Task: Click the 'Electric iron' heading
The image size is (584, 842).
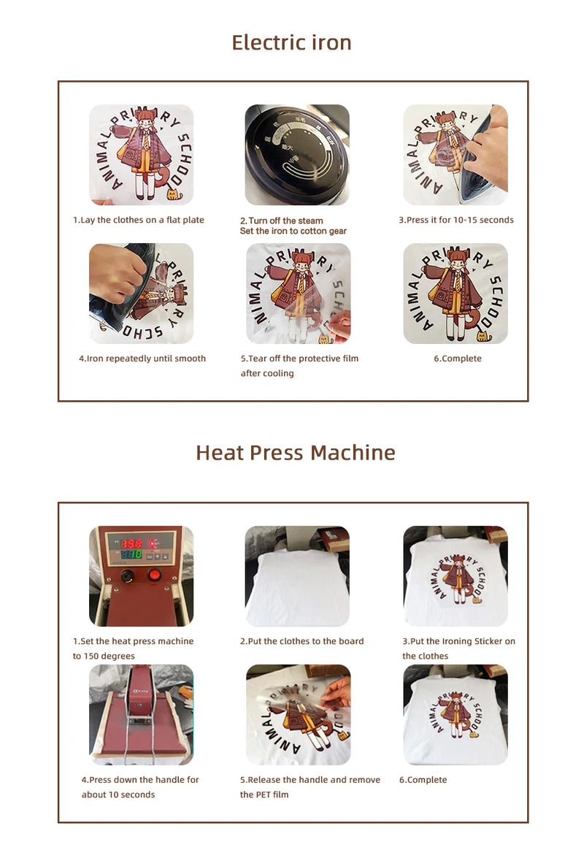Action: pos(291,42)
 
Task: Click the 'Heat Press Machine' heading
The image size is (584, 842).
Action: pos(295,453)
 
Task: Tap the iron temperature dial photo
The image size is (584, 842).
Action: pos(297,155)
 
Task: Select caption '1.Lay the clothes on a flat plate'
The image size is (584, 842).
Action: pos(138,220)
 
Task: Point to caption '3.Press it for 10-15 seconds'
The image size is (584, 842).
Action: pos(456,220)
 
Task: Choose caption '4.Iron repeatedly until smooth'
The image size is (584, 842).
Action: pos(142,359)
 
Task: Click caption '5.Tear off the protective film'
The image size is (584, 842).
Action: pos(299,359)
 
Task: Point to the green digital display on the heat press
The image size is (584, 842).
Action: pos(131,555)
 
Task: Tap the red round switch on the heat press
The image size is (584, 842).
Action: pos(155,575)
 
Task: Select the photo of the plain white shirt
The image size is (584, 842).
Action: pos(297,576)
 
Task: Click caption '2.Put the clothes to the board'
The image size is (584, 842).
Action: pos(301,641)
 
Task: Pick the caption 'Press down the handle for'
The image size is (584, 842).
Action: pos(140,780)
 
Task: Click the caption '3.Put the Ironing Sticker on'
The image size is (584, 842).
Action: pos(458,641)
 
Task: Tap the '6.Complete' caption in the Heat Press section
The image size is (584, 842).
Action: pos(423,780)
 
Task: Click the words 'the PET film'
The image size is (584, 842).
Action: pos(264,795)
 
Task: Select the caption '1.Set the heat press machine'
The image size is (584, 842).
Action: pos(133,641)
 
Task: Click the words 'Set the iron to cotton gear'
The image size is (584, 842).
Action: pos(293,231)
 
